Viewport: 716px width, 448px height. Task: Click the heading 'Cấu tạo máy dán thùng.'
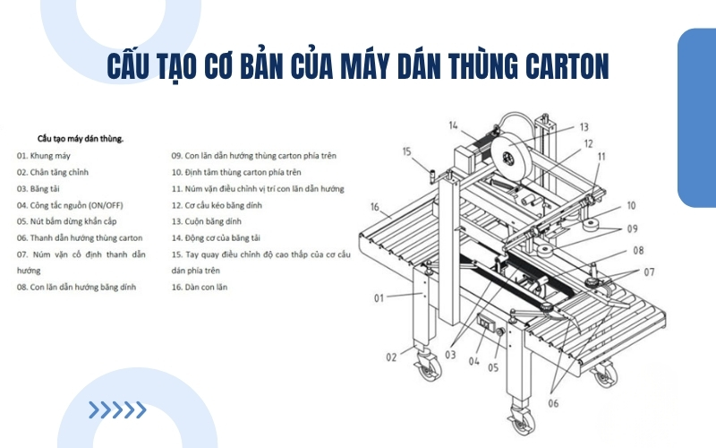click(x=81, y=139)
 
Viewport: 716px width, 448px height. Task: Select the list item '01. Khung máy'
click(x=44, y=156)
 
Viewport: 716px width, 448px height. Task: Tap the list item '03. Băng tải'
click(x=38, y=189)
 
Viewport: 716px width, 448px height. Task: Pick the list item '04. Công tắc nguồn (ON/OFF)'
click(x=70, y=205)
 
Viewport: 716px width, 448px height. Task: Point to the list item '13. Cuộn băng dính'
click(x=207, y=221)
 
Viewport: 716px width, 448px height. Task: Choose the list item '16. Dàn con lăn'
click(x=200, y=287)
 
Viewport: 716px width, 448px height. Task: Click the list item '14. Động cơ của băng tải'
click(x=216, y=238)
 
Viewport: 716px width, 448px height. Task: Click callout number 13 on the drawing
click(x=584, y=127)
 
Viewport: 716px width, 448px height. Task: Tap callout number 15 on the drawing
click(x=407, y=151)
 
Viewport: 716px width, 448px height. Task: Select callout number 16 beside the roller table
click(x=375, y=207)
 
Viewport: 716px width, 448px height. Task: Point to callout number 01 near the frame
click(x=379, y=298)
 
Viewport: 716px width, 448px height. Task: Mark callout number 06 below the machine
click(x=553, y=403)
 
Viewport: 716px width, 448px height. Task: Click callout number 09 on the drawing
click(x=633, y=228)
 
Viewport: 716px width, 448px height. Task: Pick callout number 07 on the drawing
click(x=650, y=272)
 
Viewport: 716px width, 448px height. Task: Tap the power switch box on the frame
click(x=486, y=322)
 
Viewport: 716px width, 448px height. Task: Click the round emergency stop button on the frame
click(x=499, y=332)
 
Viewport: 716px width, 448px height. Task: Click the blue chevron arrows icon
click(x=117, y=410)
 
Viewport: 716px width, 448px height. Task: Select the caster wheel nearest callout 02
click(x=428, y=366)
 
